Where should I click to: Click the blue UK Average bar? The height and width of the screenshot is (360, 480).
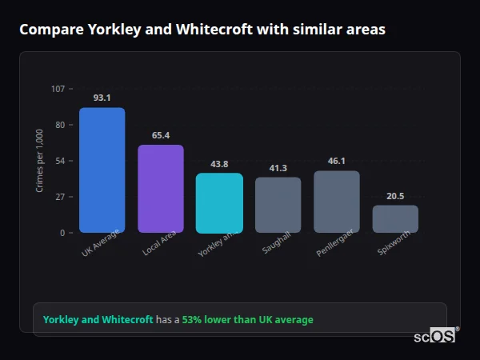[102, 170]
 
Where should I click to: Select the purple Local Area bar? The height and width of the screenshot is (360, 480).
[161, 189]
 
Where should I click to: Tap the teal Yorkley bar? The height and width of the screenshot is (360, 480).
[219, 203]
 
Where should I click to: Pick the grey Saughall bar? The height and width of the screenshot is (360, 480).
[278, 205]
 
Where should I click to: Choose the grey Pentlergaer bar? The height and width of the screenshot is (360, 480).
[337, 202]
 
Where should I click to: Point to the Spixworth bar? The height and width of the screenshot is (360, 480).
[395, 218]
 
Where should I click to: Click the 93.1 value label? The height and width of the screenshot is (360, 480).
[102, 98]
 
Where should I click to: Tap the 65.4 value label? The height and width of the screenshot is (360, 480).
[161, 135]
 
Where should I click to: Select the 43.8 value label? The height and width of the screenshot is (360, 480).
[219, 164]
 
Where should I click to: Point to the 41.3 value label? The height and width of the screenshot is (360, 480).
[278, 168]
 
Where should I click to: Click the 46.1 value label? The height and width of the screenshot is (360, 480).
[337, 161]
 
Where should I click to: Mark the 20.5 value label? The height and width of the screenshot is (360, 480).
[395, 196]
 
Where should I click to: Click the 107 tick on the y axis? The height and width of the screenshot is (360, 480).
[58, 89]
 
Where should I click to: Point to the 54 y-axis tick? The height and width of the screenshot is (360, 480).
[60, 161]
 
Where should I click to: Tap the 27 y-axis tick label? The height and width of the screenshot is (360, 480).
[60, 197]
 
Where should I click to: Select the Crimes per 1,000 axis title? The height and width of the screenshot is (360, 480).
[40, 161]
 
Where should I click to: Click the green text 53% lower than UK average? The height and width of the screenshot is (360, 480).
[247, 320]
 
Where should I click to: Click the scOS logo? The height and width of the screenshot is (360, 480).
[434, 337]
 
